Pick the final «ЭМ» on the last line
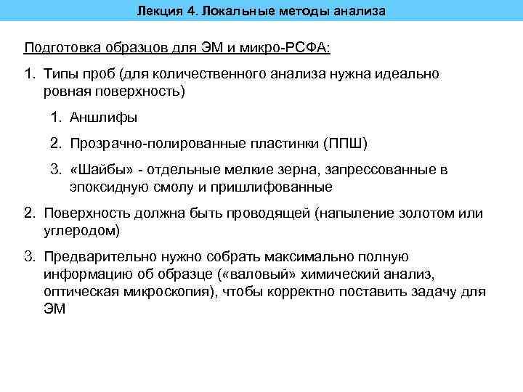point(54,309)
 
